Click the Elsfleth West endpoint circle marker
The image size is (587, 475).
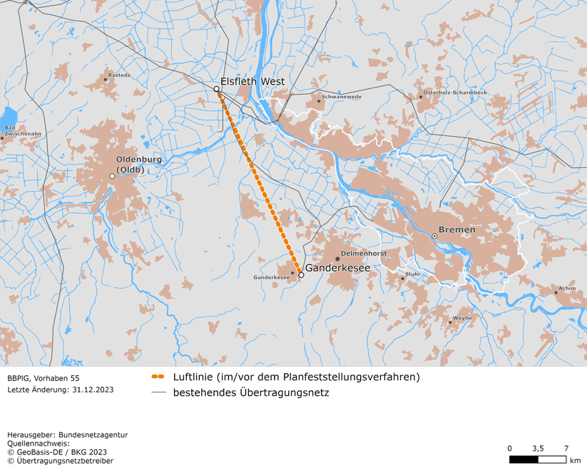217,89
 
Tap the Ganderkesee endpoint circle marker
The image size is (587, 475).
301,275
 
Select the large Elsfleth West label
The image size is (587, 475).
252,81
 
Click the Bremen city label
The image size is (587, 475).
456,230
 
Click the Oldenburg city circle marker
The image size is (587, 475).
112,176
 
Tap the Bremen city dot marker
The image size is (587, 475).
434,236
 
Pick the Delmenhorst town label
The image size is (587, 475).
364,253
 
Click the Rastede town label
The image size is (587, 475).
119,74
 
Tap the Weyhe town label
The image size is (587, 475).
462,318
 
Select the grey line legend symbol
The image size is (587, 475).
158,392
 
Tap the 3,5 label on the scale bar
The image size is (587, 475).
538,448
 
